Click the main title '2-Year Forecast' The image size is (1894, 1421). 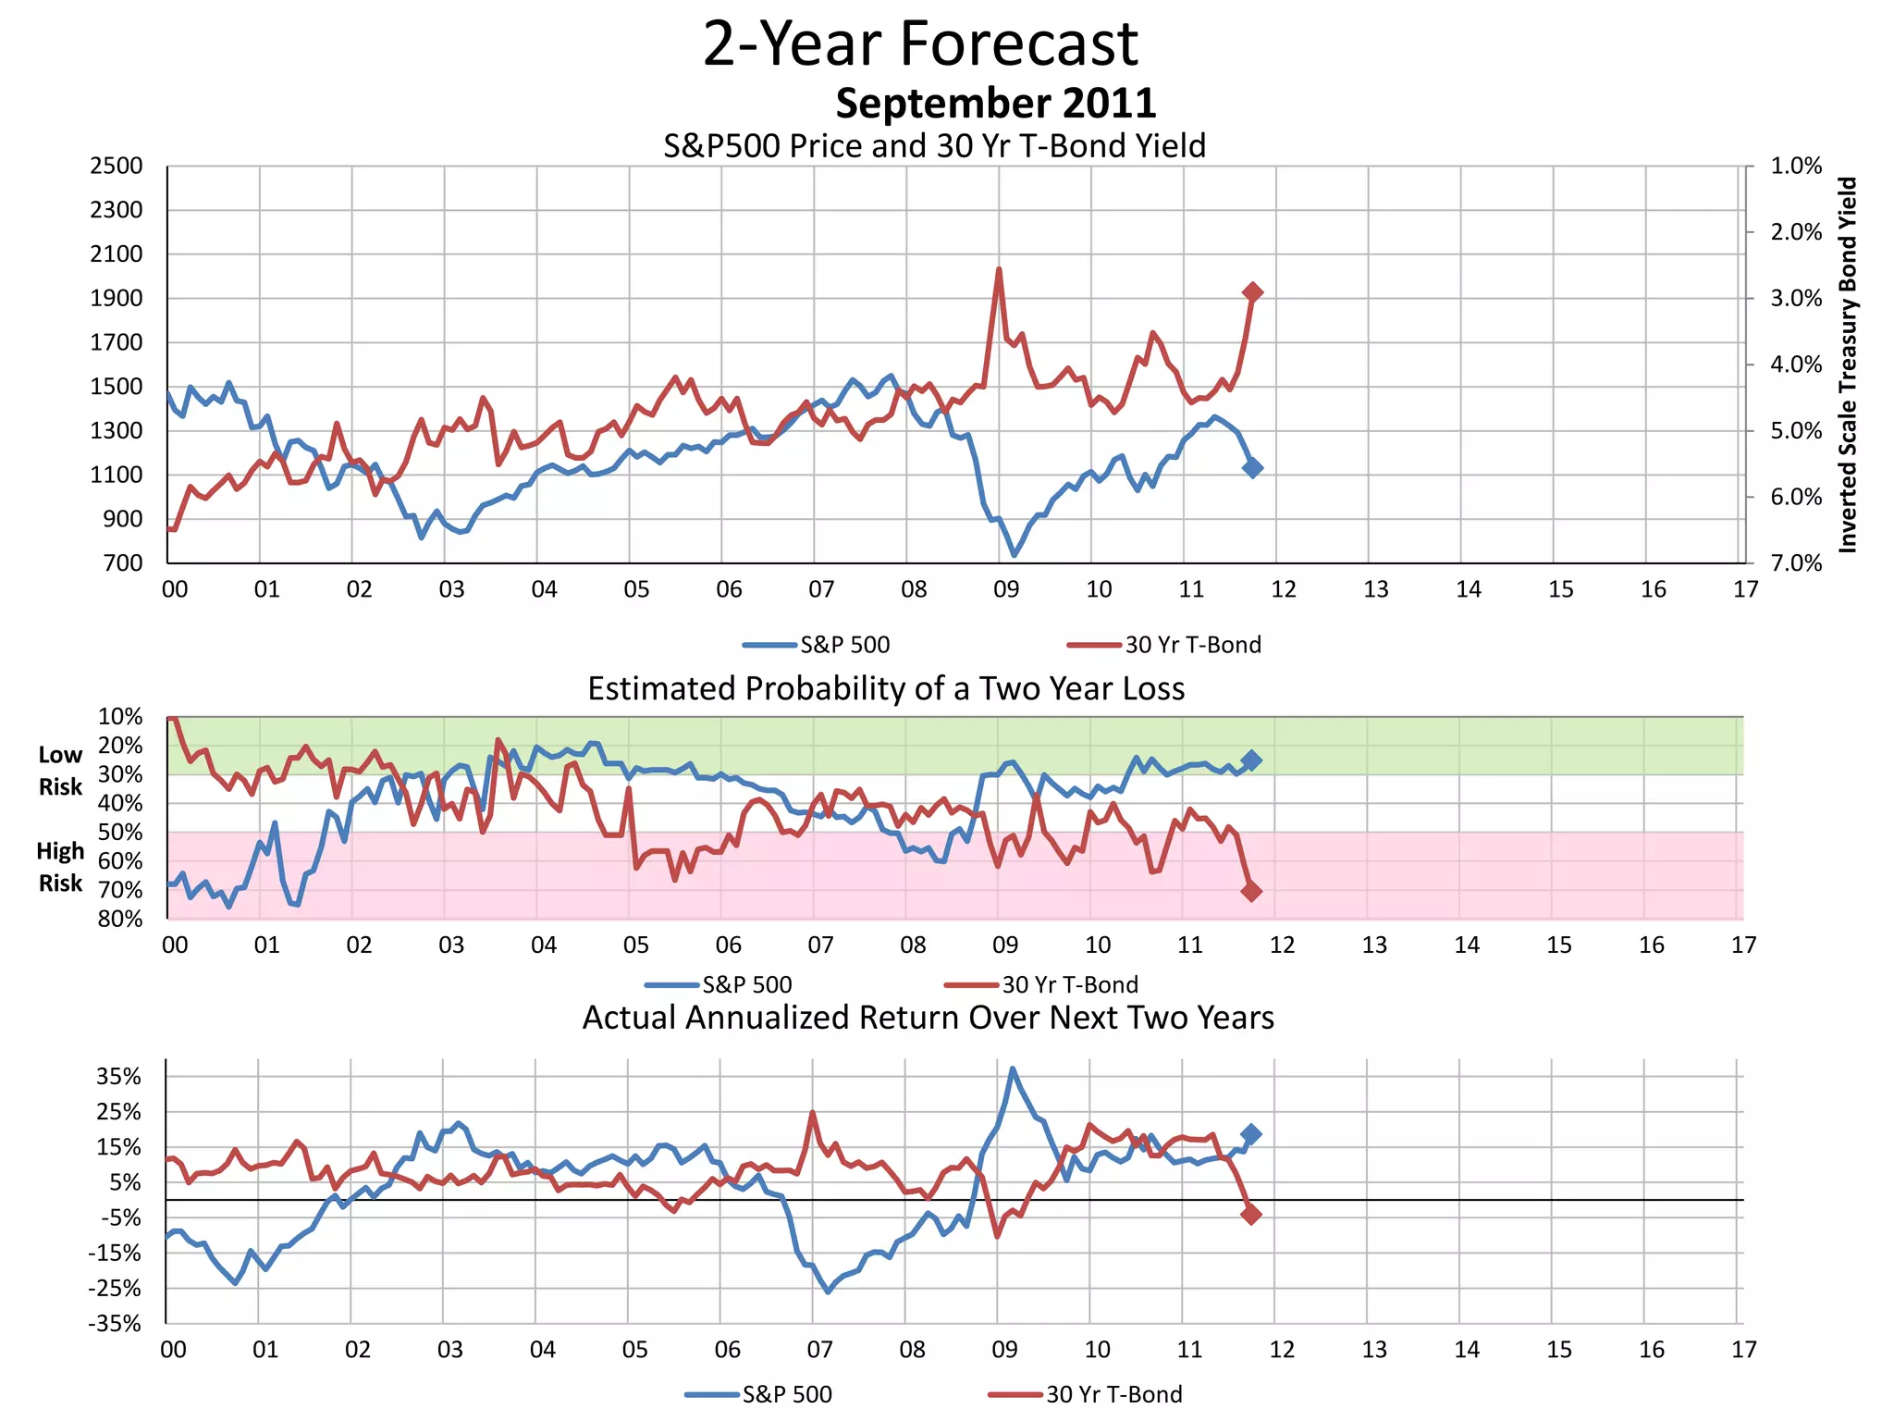920,43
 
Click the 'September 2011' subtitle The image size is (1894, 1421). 995,103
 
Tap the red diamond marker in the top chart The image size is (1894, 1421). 1252,292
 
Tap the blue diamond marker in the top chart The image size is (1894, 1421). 1252,468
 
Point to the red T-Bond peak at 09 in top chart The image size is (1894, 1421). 999,270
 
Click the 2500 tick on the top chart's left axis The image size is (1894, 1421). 117,167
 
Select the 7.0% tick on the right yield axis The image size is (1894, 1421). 1795,563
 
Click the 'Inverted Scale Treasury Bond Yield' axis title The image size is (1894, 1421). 1848,365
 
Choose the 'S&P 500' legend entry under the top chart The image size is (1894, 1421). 843,645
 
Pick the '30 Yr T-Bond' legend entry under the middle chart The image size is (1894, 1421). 1069,984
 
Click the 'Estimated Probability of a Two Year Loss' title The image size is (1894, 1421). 886,689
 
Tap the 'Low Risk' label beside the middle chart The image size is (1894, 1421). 60,771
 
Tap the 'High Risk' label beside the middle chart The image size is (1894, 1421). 60,867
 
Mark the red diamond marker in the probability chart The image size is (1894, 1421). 1251,891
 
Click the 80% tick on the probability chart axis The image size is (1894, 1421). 120,919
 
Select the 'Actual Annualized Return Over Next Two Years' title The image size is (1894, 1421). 928,1018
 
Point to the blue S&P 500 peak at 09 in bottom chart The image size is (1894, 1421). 1013,1069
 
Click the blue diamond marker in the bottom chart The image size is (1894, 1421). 1251,1134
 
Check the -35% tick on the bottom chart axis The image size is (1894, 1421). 115,1324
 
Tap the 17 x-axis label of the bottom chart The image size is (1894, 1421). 1743,1350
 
